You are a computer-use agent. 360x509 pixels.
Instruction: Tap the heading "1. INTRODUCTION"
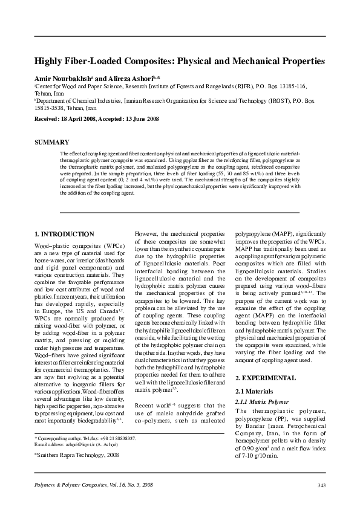[64, 234]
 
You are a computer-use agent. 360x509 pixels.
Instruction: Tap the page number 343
[321, 485]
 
